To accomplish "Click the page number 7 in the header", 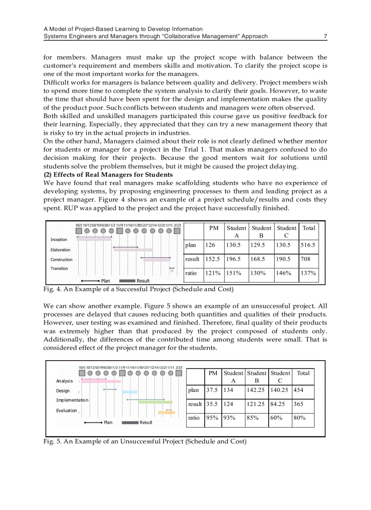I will (x=325, y=36).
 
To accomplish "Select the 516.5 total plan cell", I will (x=307, y=245).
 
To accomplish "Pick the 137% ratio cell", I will (x=308, y=273).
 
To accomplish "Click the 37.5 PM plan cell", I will (x=212, y=390).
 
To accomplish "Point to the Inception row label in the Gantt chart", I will (x=59, y=240).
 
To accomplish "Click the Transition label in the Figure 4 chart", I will (x=59, y=269).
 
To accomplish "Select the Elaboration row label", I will (x=60, y=250).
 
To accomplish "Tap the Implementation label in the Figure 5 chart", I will (x=72, y=400).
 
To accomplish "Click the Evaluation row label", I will (x=67, y=411).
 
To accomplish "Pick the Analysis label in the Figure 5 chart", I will (x=65, y=381).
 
